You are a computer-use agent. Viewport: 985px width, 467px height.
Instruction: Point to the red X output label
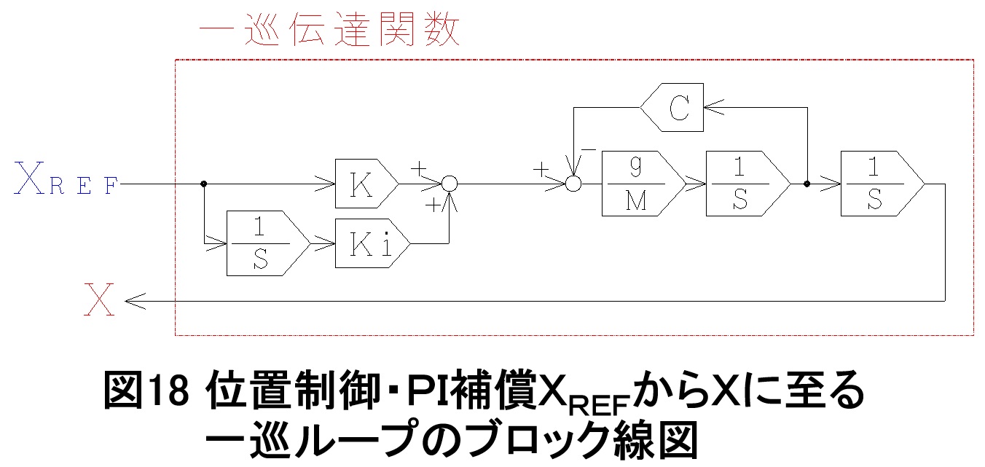pos(99,300)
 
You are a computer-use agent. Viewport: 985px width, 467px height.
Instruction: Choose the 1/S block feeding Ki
pos(259,243)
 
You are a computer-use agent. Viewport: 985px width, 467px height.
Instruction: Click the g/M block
pos(642,184)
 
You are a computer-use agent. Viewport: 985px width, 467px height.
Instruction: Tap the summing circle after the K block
pos(450,184)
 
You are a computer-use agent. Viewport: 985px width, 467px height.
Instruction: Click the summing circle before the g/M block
pos(574,184)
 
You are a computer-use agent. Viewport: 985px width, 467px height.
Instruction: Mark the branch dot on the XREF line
pos(203,184)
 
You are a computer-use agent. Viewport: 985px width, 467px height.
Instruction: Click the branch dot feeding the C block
pos(807,184)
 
